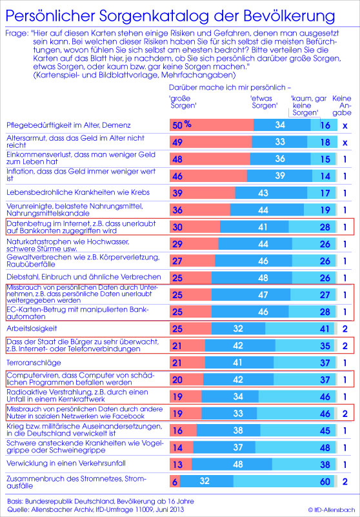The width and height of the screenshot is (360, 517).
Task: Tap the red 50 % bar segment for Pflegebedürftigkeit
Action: coord(212,125)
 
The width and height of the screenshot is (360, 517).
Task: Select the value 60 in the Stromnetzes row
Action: coord(325,482)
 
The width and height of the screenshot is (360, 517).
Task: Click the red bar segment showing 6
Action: coord(175,482)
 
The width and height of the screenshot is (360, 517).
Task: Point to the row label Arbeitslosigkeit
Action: coord(32,329)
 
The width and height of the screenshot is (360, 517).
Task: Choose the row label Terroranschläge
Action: coord(34,363)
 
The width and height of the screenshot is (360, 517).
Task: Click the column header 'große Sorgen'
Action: coord(181,102)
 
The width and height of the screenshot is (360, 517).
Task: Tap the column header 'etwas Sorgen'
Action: coord(264,102)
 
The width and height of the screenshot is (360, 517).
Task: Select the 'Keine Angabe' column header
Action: coord(342,105)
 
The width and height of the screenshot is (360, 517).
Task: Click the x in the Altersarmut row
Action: coord(345,143)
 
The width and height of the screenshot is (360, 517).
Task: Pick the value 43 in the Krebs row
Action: coord(263,193)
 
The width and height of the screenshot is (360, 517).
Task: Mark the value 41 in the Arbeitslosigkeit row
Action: coord(325,329)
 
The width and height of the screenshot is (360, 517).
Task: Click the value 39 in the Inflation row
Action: coord(280,176)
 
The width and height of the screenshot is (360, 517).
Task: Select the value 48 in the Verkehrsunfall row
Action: coord(237,465)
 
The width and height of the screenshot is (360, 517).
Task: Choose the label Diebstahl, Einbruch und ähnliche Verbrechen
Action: coord(84,277)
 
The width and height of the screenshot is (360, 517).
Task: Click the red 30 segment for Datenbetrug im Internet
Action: coord(195,227)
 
